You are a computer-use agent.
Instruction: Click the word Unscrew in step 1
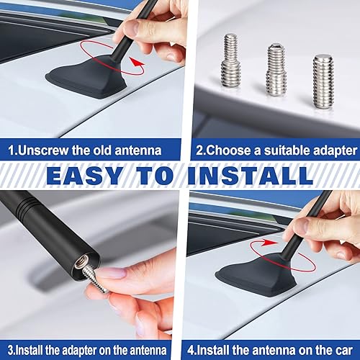pos(44,151)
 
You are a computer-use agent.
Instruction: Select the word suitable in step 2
pos(280,151)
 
